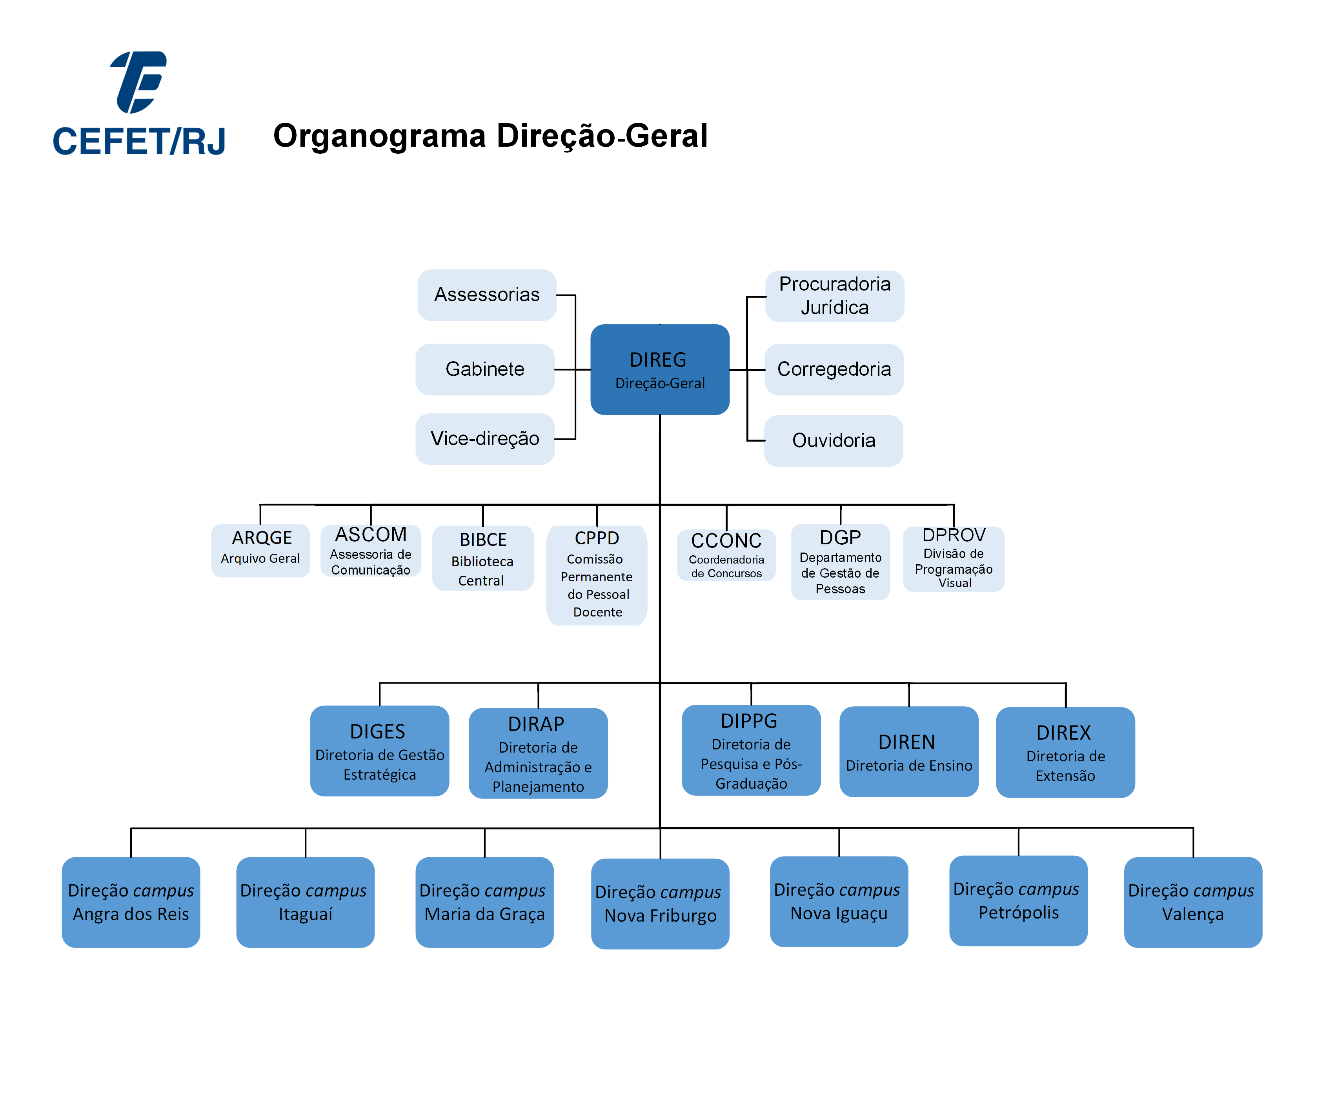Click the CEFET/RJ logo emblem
(x=139, y=82)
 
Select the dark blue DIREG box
(x=659, y=370)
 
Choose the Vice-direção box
(x=484, y=439)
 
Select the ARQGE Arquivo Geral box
(x=260, y=550)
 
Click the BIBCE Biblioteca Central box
(x=483, y=558)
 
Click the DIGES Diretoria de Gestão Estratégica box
(x=379, y=751)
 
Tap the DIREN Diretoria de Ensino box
(x=908, y=752)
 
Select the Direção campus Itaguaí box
(x=306, y=902)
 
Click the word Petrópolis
(x=1018, y=913)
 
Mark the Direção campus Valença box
(x=1192, y=902)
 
